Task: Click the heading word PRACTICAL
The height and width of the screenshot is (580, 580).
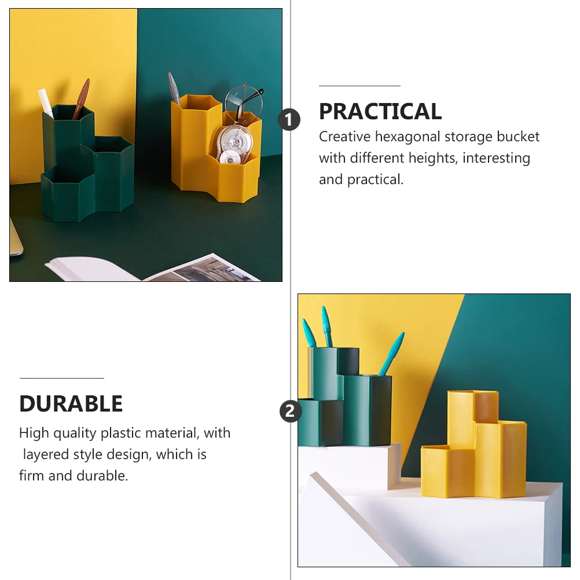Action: pyautogui.click(x=380, y=112)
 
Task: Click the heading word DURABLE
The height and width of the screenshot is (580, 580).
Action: pyautogui.click(x=71, y=404)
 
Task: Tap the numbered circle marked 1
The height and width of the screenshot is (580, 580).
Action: pyautogui.click(x=289, y=120)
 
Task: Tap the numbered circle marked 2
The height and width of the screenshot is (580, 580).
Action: pyautogui.click(x=291, y=412)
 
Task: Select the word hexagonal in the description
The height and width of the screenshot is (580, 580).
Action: pyautogui.click(x=401, y=137)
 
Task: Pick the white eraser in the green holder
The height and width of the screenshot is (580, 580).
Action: pyautogui.click(x=46, y=102)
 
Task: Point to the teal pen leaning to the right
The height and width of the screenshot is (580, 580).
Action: pyautogui.click(x=391, y=353)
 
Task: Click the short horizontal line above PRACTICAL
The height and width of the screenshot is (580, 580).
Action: pyautogui.click(x=359, y=86)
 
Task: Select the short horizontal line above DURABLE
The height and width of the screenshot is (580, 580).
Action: pyautogui.click(x=61, y=378)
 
